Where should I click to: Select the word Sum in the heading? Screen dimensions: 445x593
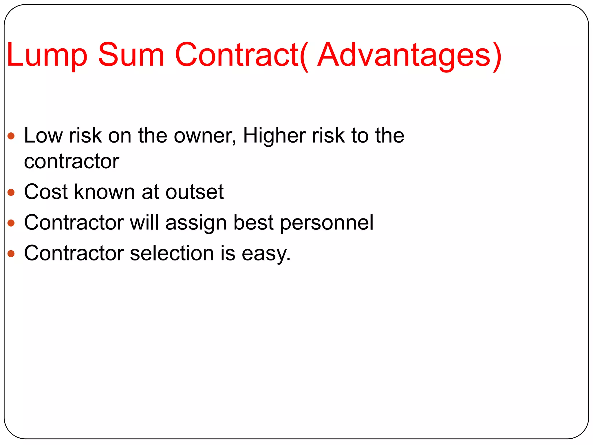coord(131,55)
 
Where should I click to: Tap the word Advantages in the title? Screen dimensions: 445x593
coord(404,55)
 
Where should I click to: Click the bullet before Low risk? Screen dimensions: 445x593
coord(11,136)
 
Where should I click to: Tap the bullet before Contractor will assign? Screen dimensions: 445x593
coord(11,223)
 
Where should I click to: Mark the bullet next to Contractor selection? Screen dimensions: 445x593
coord(11,253)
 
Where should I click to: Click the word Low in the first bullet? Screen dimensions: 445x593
coord(43,136)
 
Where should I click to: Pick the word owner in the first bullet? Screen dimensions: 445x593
coord(204,136)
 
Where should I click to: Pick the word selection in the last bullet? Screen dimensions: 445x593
coord(172,253)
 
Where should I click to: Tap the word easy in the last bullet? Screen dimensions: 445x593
coord(265,253)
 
